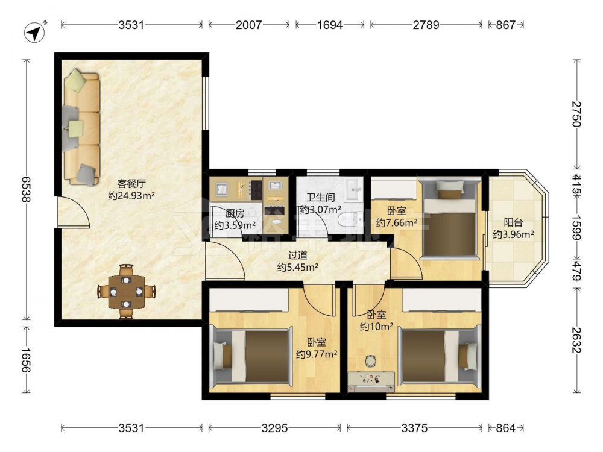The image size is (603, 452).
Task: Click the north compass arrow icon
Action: coord(34,33)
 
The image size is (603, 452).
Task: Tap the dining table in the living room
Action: coord(127,292)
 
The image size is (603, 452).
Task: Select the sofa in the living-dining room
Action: coord(81,127)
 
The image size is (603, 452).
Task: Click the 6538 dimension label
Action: coord(26,190)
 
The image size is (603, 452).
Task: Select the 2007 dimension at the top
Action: coord(248,25)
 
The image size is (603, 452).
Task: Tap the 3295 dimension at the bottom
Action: coord(274,428)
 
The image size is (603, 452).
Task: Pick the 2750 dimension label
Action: coord(577,114)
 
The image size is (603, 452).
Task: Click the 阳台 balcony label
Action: coord(513,222)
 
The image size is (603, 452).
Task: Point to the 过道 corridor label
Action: coord(298,255)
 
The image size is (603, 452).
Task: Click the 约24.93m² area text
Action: coord(131,196)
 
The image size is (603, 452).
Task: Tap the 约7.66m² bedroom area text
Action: coord(397,223)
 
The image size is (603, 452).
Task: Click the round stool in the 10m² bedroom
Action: coord(370,361)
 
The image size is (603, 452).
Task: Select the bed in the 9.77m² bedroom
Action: coord(252,356)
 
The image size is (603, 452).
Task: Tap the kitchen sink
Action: coord(221,189)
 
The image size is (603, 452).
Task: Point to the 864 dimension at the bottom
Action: coord(505,428)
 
